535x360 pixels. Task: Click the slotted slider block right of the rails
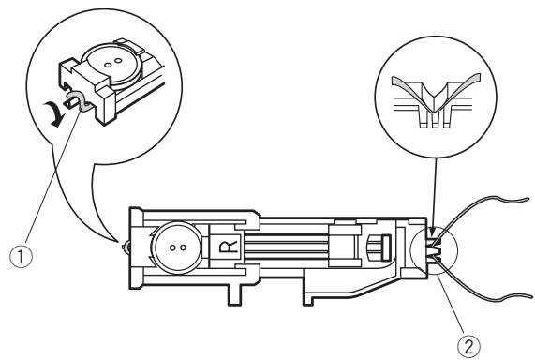[369, 247]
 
